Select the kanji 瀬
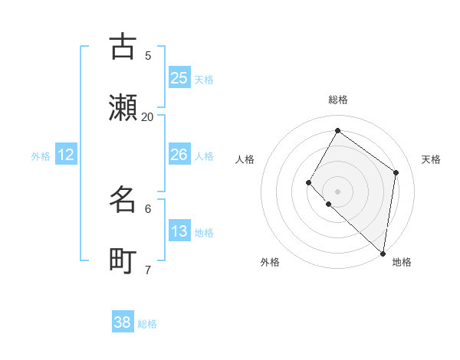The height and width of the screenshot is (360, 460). (123, 108)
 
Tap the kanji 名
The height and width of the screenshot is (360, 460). (123, 200)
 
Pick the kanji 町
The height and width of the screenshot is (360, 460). (123, 261)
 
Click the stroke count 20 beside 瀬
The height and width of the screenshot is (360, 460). (147, 116)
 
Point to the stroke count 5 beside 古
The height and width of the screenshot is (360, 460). (148, 55)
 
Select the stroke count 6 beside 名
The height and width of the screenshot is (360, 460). (148, 208)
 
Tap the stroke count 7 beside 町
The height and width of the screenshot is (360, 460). (148, 270)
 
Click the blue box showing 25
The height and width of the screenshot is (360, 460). (179, 78)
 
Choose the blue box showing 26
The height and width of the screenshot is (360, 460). (179, 155)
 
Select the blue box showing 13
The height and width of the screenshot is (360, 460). (179, 231)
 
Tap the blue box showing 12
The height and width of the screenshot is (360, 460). (66, 155)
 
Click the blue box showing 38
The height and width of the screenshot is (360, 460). (123, 322)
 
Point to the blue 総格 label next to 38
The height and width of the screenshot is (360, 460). (147, 324)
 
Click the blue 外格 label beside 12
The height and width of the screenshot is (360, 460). (41, 156)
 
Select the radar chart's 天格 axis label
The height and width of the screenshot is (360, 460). (431, 159)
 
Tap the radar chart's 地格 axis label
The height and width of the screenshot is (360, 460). (402, 262)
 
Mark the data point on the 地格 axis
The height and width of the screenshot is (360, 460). (383, 253)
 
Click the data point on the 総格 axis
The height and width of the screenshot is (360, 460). (337, 130)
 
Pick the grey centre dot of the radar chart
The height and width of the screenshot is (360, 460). (337, 191)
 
